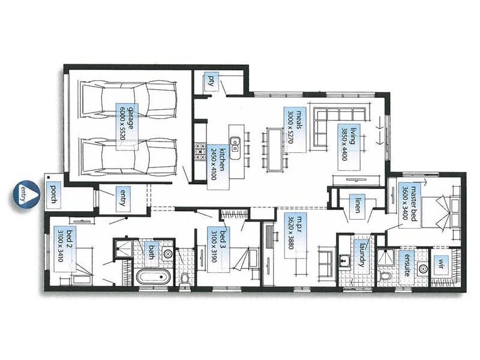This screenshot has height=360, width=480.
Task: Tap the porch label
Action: pyautogui.click(x=53, y=194)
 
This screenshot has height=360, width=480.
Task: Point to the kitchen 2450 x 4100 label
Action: pyautogui.click(x=217, y=161)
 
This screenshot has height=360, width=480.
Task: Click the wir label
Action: pyautogui.click(x=443, y=262)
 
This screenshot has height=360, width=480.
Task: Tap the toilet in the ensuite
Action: pyautogui.click(x=386, y=276)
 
